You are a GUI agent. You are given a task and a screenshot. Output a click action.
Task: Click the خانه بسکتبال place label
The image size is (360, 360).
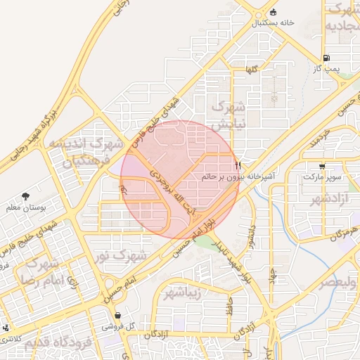pos(272,22)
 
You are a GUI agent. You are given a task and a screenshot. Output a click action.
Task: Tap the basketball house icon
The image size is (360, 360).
pos(273,11)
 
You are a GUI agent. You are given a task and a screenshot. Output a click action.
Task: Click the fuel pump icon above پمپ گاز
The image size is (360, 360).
pos(326,58)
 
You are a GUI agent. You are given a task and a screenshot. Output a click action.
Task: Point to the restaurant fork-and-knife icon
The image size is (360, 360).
pos(238,166)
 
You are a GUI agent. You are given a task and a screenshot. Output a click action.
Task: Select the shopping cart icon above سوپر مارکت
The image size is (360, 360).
pos(322,167)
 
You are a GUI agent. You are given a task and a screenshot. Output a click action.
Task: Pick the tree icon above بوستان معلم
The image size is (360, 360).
pos(25,196)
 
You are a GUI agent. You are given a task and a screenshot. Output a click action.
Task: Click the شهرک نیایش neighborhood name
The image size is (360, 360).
pos(229,115)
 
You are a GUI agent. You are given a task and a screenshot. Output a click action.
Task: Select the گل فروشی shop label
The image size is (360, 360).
pos(117,326)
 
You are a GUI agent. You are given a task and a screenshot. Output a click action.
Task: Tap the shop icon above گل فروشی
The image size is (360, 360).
pos(117,315)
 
